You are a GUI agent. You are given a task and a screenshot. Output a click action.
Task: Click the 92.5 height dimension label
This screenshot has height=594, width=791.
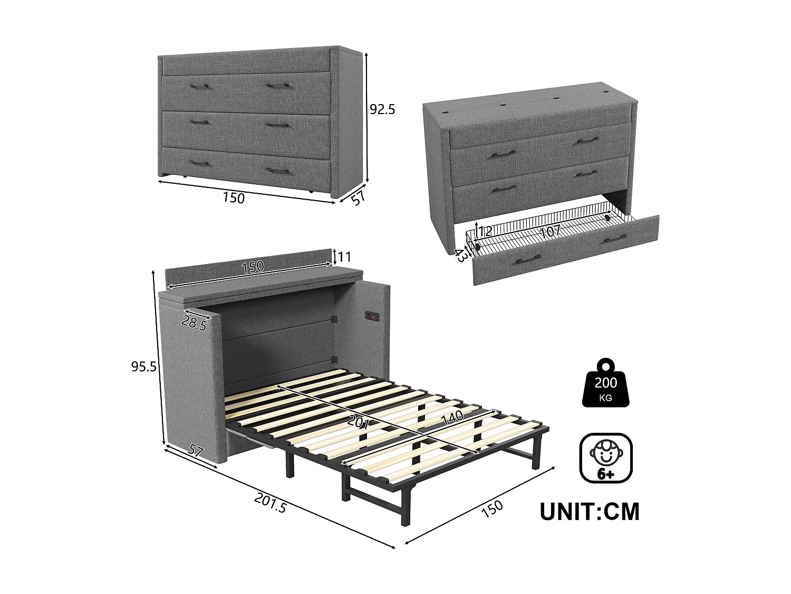[x=382, y=110]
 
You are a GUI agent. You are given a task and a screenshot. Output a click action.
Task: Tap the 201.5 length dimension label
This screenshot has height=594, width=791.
[x=270, y=503]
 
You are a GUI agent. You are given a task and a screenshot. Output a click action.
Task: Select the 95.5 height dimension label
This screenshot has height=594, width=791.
[x=143, y=366]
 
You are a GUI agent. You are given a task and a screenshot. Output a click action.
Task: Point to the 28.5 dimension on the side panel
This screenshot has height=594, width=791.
[x=195, y=322]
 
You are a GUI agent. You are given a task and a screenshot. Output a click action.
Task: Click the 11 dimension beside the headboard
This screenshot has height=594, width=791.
[x=344, y=257]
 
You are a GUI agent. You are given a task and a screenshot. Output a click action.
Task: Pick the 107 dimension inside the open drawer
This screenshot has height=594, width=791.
[x=550, y=231]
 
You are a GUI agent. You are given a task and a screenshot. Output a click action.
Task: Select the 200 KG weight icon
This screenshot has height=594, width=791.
[x=605, y=384]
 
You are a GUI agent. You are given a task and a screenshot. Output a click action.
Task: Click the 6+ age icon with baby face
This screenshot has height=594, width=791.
[x=605, y=458]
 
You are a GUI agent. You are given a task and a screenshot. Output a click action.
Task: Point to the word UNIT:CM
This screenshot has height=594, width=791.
[x=590, y=512]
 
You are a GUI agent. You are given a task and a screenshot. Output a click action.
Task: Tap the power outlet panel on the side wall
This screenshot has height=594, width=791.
[x=372, y=317]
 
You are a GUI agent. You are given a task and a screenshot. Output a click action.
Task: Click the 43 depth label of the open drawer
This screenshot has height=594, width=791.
[x=461, y=255]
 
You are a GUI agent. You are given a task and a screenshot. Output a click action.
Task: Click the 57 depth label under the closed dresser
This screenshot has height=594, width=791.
[x=359, y=199]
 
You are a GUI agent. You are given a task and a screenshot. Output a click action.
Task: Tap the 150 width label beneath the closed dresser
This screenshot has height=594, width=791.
[x=234, y=198]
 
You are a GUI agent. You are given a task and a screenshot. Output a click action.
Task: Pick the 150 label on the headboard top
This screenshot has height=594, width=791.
[x=253, y=267]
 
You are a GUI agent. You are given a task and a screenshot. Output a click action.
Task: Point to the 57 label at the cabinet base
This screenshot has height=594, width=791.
[x=196, y=450]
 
